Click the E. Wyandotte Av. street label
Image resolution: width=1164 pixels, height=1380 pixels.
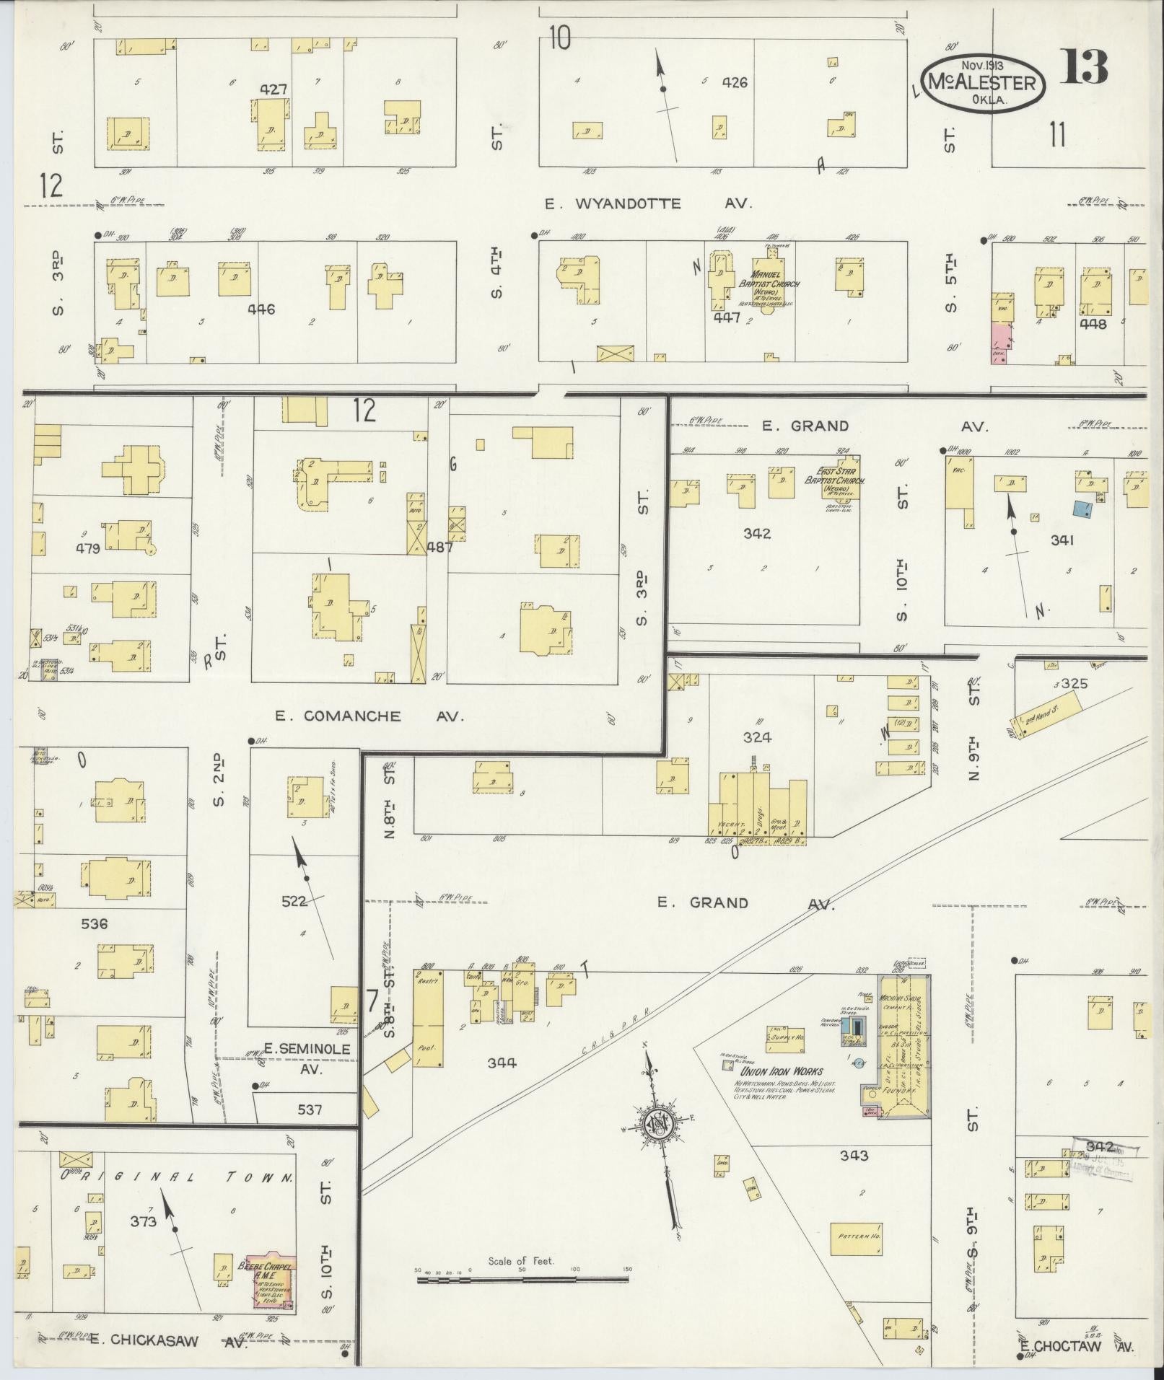point(647,204)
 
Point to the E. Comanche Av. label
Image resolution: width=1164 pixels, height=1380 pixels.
point(368,716)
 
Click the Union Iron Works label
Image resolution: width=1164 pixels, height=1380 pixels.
point(778,1071)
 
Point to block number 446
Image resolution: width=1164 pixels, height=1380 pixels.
point(261,309)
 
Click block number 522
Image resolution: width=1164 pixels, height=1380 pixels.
point(294,900)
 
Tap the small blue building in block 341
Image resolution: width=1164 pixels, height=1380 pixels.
point(1081,509)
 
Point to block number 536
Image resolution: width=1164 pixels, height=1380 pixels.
point(95,923)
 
